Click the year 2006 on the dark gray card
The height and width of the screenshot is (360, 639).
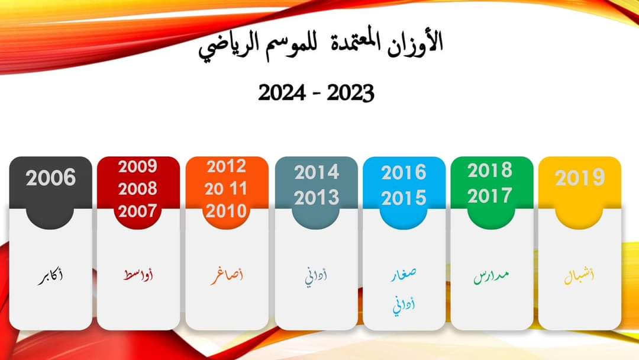[x=50, y=178]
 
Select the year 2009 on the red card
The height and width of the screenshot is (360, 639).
[x=138, y=166]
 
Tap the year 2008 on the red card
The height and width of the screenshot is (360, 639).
[x=138, y=189]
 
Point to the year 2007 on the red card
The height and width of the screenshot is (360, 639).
[x=138, y=211]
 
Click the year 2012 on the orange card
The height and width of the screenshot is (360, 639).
[x=226, y=166]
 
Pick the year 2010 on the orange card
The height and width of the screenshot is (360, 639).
[x=226, y=211]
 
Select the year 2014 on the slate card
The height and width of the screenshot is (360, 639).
[x=317, y=172]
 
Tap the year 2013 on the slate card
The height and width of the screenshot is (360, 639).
[x=317, y=198]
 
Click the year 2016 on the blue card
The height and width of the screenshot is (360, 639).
[x=404, y=173]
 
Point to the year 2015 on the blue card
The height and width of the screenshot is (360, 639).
[x=404, y=198]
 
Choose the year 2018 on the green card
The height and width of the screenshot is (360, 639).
[x=490, y=171]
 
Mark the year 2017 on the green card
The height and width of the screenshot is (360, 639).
[x=490, y=196]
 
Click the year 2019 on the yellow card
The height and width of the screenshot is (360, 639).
[x=580, y=178]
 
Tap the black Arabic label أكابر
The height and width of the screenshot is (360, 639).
[x=50, y=277]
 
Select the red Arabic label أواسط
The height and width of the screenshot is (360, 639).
[x=138, y=275]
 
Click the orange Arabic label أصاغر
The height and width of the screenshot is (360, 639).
[x=227, y=276]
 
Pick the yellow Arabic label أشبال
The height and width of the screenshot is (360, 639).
[x=579, y=277]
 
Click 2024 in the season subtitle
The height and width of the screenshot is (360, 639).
[x=282, y=93]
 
